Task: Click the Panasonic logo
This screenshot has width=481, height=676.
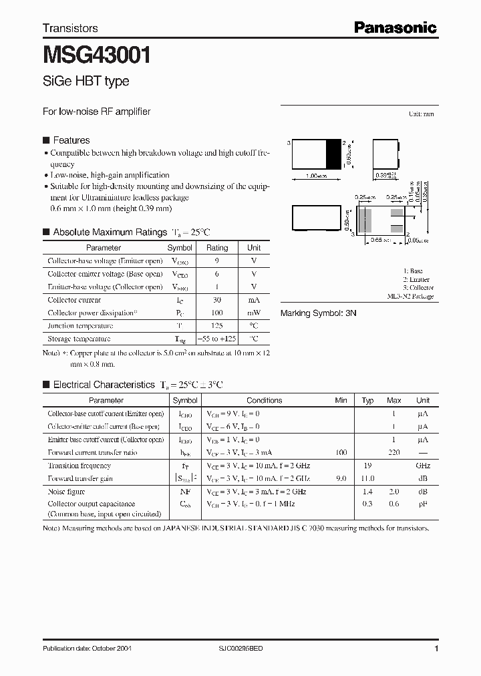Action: pyautogui.click(x=395, y=27)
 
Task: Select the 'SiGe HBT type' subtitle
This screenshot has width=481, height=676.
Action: pyautogui.click(x=86, y=81)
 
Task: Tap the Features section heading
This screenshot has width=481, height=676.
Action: pyautogui.click(x=71, y=140)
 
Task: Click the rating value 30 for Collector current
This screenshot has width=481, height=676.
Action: pyautogui.click(x=217, y=300)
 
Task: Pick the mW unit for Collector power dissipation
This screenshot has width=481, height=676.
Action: pyautogui.click(x=254, y=313)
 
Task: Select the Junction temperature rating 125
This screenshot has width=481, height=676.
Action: pyautogui.click(x=217, y=326)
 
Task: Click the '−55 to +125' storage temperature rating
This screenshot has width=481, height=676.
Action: pyautogui.click(x=217, y=339)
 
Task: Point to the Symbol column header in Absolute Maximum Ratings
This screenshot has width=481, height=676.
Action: pyautogui.click(x=180, y=248)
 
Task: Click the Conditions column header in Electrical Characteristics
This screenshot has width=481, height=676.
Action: pyautogui.click(x=264, y=400)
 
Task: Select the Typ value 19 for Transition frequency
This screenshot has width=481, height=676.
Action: pyautogui.click(x=367, y=466)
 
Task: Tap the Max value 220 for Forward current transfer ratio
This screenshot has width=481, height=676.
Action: pyautogui.click(x=394, y=452)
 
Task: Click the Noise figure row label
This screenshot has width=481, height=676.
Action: pyautogui.click(x=67, y=492)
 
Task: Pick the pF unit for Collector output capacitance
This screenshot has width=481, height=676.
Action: pyautogui.click(x=423, y=504)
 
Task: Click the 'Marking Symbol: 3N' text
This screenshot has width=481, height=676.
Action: pyautogui.click(x=319, y=313)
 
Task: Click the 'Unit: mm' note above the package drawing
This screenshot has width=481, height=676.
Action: pyautogui.click(x=421, y=115)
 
